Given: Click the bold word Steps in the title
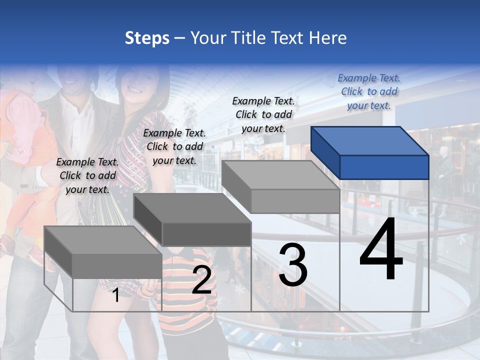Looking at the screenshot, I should pos(147,38).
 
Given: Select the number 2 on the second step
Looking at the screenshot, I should pos(201,280).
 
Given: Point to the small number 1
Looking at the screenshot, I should pos(115,295).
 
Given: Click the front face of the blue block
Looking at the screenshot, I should pos(384,167).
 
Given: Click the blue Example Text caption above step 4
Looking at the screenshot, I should pos(369,91).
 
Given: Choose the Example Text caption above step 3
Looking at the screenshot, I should pos(263,114).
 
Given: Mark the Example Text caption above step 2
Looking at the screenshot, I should pos(174,146).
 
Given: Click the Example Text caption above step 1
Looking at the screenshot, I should pos(87,175).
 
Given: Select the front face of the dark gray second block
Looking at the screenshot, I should pos(206,234).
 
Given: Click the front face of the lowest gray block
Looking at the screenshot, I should pos(117,266).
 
